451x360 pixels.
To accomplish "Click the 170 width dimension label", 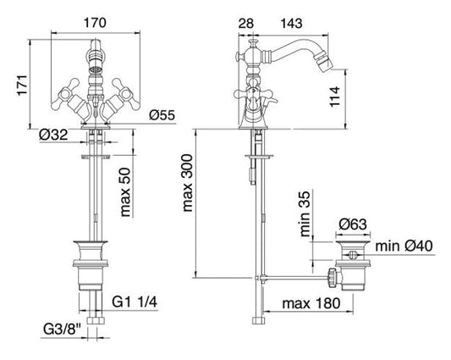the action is tap(95, 23).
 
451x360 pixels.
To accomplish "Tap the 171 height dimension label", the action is tap(22, 86).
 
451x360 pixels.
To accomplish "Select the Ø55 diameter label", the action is tap(162, 115).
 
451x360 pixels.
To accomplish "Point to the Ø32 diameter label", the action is tap(54, 135).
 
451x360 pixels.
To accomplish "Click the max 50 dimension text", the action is tap(125, 192).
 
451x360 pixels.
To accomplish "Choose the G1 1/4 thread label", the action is tap(135, 302).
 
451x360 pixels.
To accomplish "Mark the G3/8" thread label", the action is tap(62, 330).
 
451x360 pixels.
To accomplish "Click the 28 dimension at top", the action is tap(246, 24).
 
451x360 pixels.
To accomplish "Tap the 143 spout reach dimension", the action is tap(291, 24).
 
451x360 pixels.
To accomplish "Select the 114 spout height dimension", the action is tap(335, 97).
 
